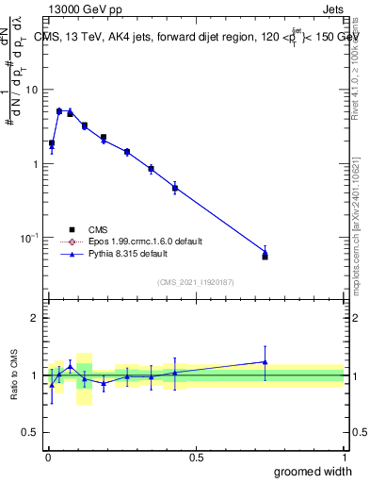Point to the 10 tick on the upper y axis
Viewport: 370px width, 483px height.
[x=33, y=90]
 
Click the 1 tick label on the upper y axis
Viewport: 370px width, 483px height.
[x=36, y=164]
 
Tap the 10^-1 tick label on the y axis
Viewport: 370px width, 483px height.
[x=31, y=238]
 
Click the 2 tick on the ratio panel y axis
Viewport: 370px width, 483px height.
[x=36, y=318]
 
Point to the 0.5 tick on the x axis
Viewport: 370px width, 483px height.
[x=195, y=458]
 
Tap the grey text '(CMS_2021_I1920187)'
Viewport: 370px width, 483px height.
[x=194, y=282]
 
